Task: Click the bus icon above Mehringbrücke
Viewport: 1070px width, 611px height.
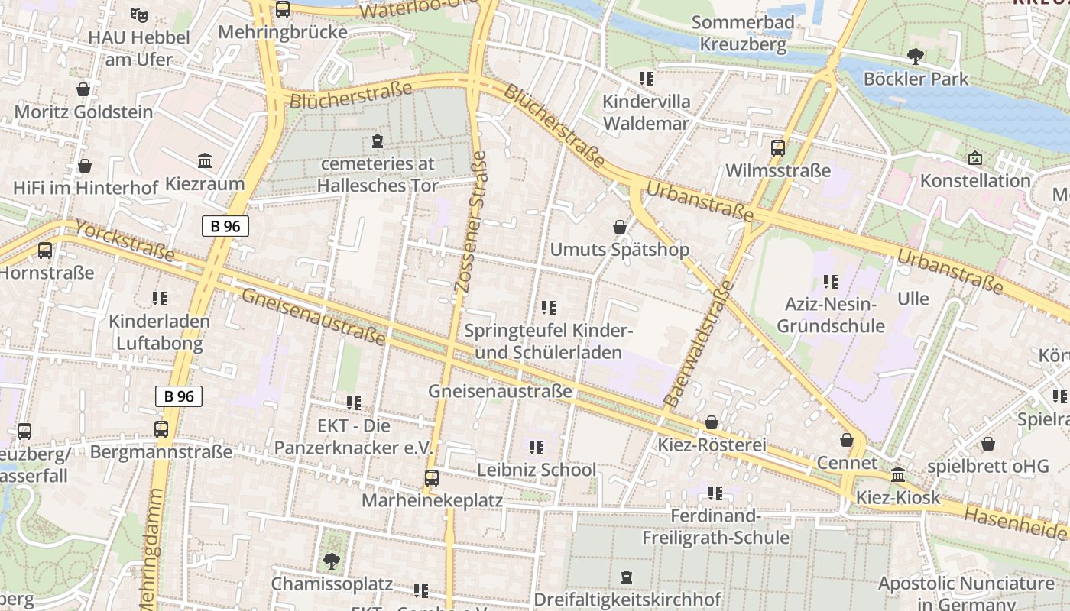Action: coord(283,9)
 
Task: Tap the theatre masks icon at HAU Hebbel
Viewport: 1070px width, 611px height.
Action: coord(138,14)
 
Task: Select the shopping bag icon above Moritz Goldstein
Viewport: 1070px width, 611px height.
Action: coord(83,89)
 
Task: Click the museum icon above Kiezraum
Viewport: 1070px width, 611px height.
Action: coord(205,161)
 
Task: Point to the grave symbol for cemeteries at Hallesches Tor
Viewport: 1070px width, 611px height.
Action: coord(376,141)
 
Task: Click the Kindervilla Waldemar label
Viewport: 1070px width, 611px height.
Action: coord(646,112)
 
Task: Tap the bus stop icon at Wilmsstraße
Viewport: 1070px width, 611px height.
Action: coord(777,148)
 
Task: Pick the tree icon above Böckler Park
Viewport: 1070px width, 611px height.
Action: coord(915,56)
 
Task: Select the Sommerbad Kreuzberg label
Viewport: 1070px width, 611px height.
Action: coord(743,34)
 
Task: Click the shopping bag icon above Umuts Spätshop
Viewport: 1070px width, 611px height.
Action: coord(620,227)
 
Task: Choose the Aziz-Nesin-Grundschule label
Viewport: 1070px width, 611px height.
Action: coord(830,315)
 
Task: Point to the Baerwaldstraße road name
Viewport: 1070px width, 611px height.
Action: coord(699,343)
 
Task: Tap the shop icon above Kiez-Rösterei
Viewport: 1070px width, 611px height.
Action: coord(712,422)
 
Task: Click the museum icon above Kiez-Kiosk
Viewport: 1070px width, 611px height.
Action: coord(898,474)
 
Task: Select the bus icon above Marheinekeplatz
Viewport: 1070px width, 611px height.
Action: coord(432,478)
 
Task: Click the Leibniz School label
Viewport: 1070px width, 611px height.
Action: coord(537,470)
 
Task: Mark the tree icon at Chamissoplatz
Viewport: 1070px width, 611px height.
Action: coord(332,561)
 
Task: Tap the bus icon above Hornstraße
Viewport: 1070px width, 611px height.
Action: coord(45,250)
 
